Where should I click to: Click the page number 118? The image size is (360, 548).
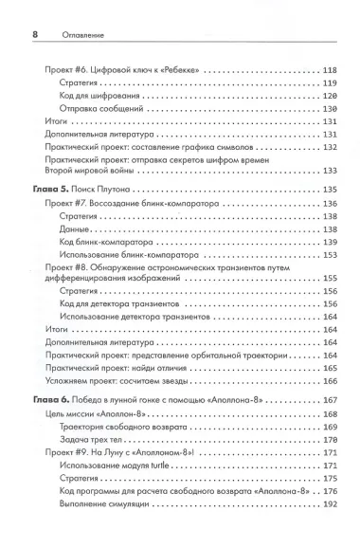coord(330,69)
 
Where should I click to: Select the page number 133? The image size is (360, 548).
coord(330,171)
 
